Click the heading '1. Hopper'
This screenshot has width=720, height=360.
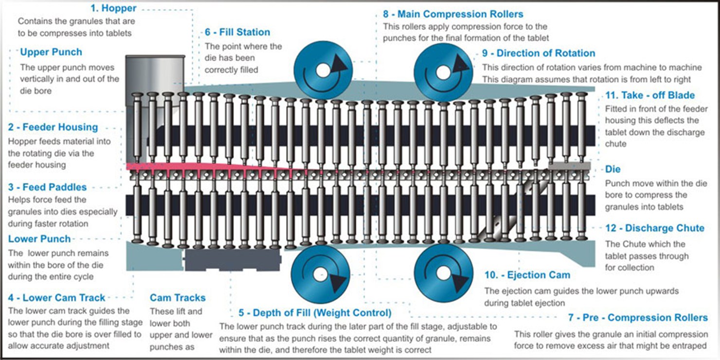[113, 8]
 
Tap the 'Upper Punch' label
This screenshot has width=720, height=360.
[51, 52]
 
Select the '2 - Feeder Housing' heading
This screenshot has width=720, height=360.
[53, 127]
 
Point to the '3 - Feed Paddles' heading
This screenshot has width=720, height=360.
[47, 187]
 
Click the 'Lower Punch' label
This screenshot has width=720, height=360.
[39, 239]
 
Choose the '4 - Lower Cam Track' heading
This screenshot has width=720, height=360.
[56, 298]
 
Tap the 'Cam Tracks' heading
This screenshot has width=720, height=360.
[178, 298]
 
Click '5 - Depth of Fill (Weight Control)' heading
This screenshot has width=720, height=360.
[315, 312]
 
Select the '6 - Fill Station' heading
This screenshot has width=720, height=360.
[237, 33]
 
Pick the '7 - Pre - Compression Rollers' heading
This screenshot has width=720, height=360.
[638, 318]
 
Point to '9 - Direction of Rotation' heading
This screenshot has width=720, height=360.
[539, 53]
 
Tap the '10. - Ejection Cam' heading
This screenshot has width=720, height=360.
[527, 275]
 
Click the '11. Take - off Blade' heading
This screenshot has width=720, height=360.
[650, 95]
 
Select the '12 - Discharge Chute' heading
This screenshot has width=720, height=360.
[655, 228]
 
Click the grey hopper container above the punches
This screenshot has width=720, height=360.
[155, 73]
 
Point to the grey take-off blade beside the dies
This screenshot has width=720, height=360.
[569, 166]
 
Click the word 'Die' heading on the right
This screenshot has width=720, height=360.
[613, 170]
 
